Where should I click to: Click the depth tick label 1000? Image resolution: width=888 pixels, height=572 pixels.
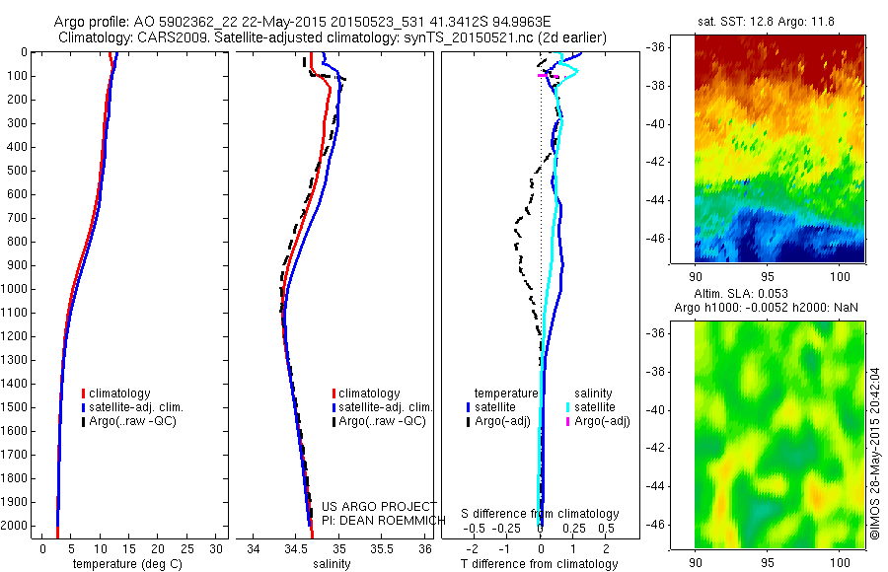17,289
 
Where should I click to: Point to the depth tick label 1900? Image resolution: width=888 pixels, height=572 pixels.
17,502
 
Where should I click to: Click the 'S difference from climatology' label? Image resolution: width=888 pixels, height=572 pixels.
541,514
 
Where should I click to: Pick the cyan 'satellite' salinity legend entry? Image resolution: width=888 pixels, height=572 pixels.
596,406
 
